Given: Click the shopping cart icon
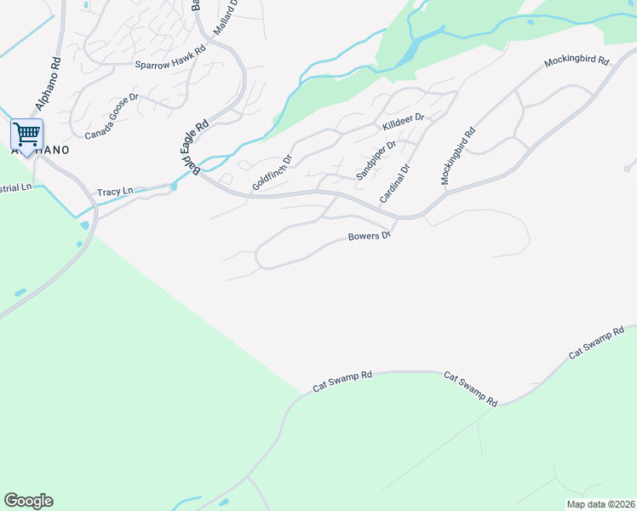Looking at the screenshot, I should [x=26, y=134].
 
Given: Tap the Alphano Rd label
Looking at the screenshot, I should [x=49, y=86].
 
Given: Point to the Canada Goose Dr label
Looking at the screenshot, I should [x=111, y=116].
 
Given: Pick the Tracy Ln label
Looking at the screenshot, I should [x=116, y=192].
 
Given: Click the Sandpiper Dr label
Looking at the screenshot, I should [x=376, y=159].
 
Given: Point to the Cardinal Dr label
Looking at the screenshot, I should [x=395, y=182].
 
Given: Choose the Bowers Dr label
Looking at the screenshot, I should [x=369, y=236].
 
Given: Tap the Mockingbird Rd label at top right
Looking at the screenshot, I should [x=577, y=61].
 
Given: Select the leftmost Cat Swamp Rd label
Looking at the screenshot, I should [x=342, y=380].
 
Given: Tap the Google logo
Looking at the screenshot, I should [x=28, y=501].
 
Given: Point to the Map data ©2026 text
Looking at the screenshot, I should [x=600, y=503].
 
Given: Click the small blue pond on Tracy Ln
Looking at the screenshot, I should [x=174, y=185].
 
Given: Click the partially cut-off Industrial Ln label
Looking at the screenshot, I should [x=15, y=187].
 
